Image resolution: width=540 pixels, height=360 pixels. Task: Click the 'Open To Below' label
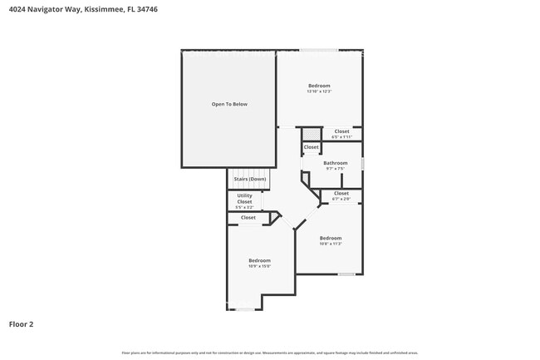(228, 104)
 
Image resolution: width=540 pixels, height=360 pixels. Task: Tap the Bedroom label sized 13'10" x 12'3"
(319, 86)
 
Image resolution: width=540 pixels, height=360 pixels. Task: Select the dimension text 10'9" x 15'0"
(259, 266)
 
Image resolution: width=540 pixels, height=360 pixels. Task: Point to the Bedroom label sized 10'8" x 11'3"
(331, 239)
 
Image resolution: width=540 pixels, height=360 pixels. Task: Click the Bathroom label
(335, 163)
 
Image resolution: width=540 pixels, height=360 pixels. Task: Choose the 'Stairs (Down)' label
(249, 179)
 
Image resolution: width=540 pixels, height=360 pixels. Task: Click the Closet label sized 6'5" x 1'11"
(341, 131)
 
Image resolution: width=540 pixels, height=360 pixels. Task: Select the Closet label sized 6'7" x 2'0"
(341, 193)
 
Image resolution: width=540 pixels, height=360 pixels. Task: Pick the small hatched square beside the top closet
(311, 133)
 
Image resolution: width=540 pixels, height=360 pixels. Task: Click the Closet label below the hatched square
(311, 147)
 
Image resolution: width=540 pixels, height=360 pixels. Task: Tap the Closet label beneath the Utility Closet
(248, 218)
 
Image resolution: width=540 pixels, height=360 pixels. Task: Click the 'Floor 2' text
(21, 324)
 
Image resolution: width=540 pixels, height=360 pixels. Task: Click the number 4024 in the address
(17, 8)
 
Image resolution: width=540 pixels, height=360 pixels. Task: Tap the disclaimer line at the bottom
(270, 353)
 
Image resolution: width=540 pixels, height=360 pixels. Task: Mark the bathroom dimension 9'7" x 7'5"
(335, 169)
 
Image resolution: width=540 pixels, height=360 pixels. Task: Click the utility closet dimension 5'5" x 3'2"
(244, 207)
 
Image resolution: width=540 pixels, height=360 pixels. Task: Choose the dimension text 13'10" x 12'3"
(319, 91)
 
